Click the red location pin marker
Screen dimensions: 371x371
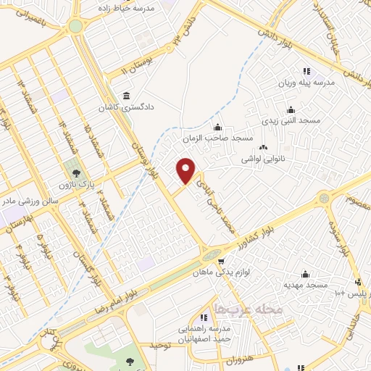(186, 170)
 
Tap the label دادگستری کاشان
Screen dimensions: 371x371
(126, 108)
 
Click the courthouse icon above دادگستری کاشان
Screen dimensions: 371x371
(127, 96)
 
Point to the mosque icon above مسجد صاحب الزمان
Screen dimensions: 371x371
(217, 128)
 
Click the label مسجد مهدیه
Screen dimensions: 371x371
(306, 285)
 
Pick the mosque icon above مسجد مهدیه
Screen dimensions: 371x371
(305, 274)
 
